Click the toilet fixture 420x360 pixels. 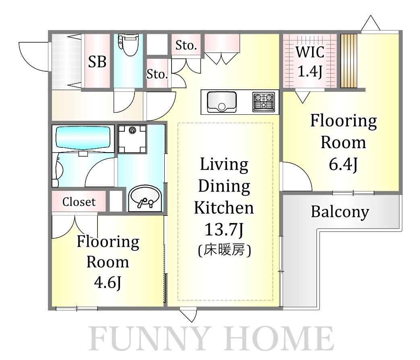tap(128, 45)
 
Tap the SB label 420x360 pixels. tap(97, 62)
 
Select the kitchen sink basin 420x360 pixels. tap(222, 102)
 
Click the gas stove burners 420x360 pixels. tap(264, 102)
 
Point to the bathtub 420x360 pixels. tap(83, 139)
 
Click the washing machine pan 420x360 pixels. tap(132, 139)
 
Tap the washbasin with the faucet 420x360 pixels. tap(145, 199)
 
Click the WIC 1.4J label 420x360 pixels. tap(310, 62)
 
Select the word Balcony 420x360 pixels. tap(340, 212)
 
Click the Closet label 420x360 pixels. tap(79, 202)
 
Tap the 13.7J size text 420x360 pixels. tap(224, 230)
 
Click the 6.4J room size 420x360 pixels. tap(343, 164)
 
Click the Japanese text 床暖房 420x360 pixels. tap(224, 250)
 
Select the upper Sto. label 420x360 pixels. tap(186, 46)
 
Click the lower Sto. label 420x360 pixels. tap(157, 74)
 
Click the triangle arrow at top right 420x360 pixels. tap(371, 23)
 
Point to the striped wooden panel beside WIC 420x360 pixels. tap(349, 61)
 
